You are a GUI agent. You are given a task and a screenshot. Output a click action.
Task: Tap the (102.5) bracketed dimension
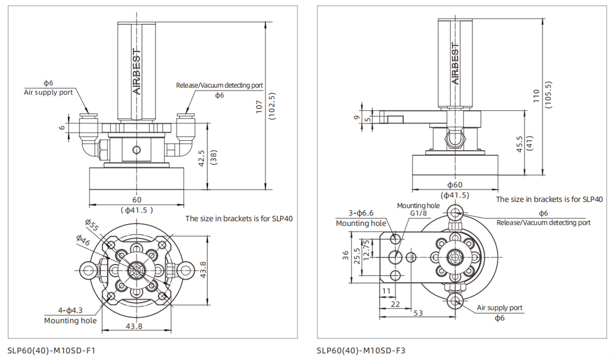coord(272,106)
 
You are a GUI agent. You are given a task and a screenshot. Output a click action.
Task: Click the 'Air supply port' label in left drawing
coord(48,92)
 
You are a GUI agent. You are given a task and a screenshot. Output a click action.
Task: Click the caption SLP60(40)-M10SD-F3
coord(361,351)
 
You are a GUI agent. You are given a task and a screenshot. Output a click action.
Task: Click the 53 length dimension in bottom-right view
coord(418,314)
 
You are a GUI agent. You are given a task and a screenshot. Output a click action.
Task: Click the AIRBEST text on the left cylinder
coord(137,70)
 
